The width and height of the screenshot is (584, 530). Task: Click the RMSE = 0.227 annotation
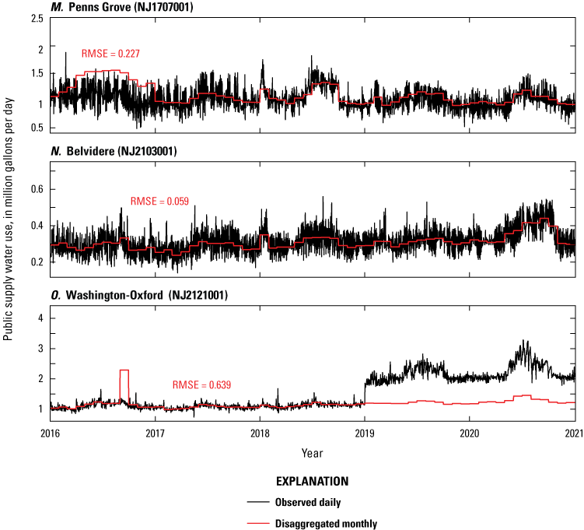point(110,54)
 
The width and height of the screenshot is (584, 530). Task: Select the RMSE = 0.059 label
point(159,201)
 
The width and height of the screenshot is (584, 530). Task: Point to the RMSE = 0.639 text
point(201,384)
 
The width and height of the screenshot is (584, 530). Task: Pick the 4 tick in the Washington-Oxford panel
point(39,318)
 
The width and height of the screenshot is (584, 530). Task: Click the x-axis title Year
point(313,451)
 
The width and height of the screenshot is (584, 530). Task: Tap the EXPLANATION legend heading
point(311,482)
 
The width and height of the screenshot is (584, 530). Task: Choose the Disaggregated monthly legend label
point(337,524)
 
